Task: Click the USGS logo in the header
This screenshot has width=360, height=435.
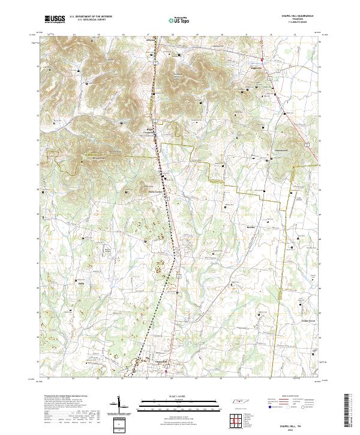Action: click(x=56, y=20)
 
